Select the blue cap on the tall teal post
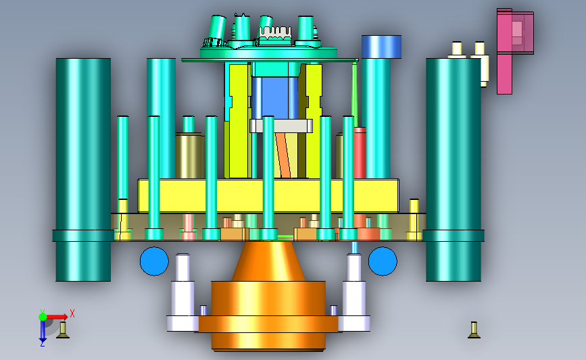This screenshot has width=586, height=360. pos(381,47)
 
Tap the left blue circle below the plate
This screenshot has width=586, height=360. pos(154,261)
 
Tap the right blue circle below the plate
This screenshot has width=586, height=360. pos(383,261)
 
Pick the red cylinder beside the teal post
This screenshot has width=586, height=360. pos(360,153)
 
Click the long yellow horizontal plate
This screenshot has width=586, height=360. pos(268,196)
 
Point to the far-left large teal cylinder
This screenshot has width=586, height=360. pos(83,169)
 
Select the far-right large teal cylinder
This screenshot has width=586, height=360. pos(454,169)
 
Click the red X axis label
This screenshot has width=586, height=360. pos(72,313)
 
